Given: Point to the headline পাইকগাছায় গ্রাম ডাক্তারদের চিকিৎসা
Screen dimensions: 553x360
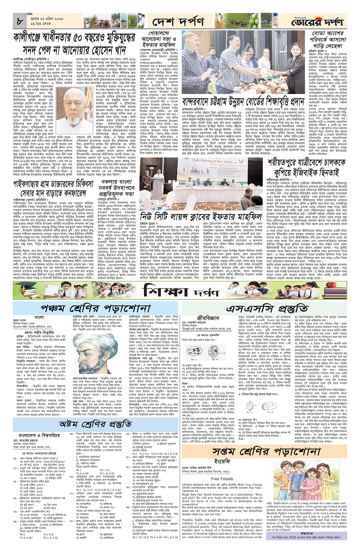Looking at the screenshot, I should (54, 188).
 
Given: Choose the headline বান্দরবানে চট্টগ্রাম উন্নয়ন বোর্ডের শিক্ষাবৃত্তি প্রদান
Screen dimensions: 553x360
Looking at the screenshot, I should (243, 102).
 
